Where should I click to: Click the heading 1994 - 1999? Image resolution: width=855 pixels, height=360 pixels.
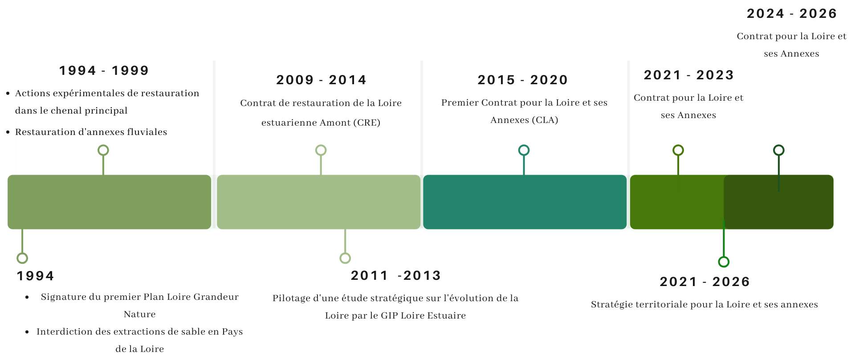click(104, 70)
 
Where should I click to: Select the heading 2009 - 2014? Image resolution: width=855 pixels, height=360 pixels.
click(321, 80)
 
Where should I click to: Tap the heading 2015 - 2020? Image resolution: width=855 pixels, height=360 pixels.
click(523, 80)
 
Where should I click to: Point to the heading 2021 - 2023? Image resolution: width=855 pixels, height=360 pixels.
click(689, 75)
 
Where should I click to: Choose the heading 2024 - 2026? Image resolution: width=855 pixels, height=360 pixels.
click(792, 13)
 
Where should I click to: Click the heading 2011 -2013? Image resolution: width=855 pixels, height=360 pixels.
click(396, 275)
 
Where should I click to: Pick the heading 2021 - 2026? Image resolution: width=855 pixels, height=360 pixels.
click(705, 282)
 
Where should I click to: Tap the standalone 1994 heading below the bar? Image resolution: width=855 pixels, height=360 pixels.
click(35, 276)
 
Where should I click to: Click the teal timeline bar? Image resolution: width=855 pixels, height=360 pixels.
click(525, 202)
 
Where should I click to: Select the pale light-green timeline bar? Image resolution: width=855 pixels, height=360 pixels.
click(318, 202)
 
